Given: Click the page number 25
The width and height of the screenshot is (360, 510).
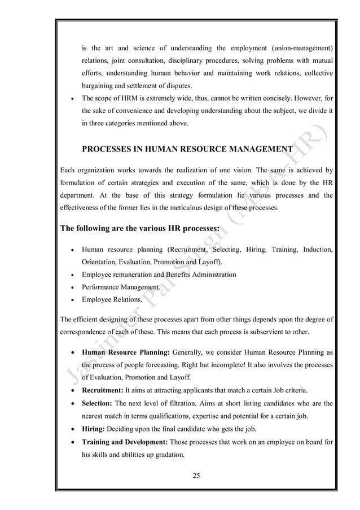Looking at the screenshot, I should [196, 473].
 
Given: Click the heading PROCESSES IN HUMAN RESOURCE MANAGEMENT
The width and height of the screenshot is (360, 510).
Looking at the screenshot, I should [187, 150].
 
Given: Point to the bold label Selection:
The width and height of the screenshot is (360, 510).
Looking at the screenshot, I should [98, 404].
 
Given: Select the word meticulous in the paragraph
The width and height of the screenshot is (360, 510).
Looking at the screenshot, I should [157, 207].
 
